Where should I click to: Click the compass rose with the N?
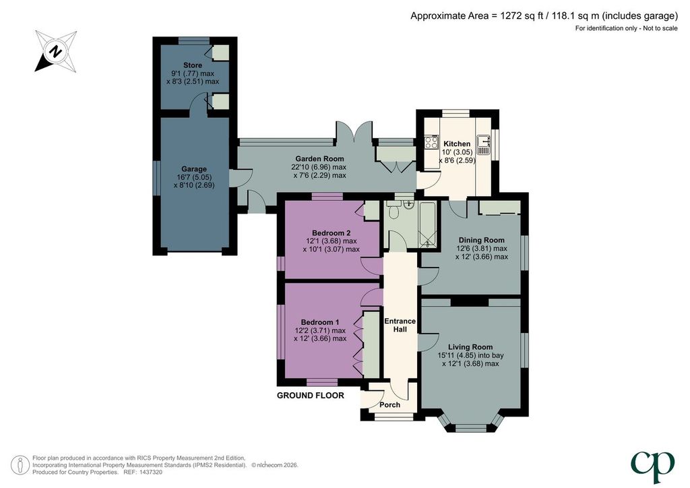pyautogui.click(x=56, y=51)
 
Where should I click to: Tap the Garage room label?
pyautogui.click(x=194, y=169)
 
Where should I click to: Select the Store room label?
pyautogui.click(x=193, y=65)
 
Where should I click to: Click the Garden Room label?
pyautogui.click(x=319, y=159)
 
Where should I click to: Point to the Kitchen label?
pyautogui.click(x=457, y=144)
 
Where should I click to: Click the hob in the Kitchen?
pyautogui.click(x=431, y=142)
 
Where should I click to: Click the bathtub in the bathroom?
pyautogui.click(x=427, y=224)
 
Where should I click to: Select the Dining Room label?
pyautogui.click(x=481, y=240)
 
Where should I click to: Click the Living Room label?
pyautogui.click(x=470, y=347)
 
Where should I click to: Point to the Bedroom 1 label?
pyautogui.click(x=320, y=323)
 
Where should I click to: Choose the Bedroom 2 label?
pyautogui.click(x=332, y=233)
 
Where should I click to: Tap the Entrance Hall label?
pyautogui.click(x=400, y=325)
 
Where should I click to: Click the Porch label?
pyautogui.click(x=390, y=405)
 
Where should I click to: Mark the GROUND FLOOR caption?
pyautogui.click(x=310, y=396)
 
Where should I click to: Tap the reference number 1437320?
pyautogui.click(x=150, y=472)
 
